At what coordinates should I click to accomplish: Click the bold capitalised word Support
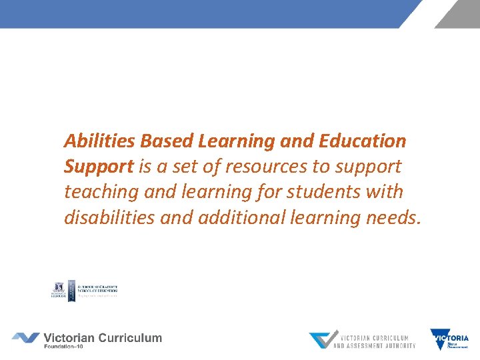[99, 167]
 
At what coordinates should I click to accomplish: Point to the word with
[385, 192]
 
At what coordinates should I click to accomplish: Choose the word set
[205, 167]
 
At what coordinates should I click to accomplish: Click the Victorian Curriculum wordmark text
[103, 337]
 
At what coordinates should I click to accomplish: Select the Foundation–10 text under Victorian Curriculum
[68, 347]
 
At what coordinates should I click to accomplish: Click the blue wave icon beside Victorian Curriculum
[25, 338]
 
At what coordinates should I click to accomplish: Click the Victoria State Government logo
[449, 339]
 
